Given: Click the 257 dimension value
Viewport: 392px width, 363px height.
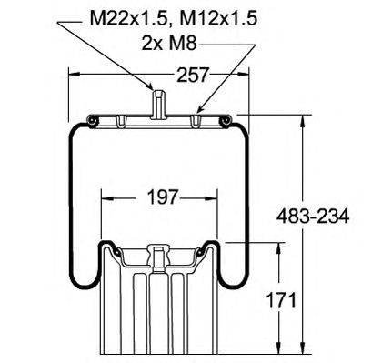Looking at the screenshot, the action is tap(193, 75).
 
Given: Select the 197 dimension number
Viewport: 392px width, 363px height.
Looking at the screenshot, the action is tap(162, 197).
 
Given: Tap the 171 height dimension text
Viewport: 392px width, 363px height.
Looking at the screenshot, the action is tap(281, 300).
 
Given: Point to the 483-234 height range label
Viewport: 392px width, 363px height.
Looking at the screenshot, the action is tap(313, 217).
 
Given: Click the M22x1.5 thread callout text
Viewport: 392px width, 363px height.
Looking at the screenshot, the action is tap(129, 19).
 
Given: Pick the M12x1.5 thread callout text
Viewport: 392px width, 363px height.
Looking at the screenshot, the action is tap(218, 19).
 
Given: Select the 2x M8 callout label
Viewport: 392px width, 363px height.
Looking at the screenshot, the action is tap(169, 44).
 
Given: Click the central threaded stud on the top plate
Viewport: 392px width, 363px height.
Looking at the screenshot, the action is tap(158, 104).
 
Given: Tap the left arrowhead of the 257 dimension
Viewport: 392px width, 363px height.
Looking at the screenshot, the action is tap(75, 74).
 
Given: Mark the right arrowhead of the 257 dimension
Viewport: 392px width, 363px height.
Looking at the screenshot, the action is tap(243, 74).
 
